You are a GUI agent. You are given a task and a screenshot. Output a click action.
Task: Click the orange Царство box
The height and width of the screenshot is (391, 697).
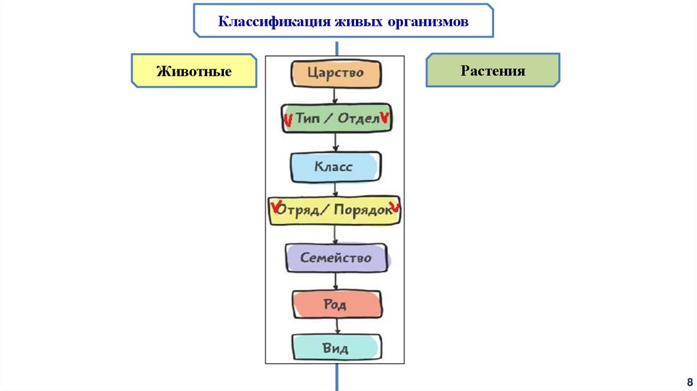coord(336,74)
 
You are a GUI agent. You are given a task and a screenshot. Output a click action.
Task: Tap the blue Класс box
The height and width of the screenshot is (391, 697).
coord(335,166)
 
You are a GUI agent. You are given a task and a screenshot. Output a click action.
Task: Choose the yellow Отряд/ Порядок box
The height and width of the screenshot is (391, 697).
coord(335,211)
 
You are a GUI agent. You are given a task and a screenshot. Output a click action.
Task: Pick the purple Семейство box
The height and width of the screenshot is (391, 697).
coord(336,258)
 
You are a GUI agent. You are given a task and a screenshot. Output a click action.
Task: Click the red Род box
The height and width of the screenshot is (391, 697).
coord(336,304)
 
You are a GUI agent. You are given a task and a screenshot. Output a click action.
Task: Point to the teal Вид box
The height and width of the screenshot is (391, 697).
coord(336,347)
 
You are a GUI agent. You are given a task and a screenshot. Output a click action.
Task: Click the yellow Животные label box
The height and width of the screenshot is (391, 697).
coord(194,71)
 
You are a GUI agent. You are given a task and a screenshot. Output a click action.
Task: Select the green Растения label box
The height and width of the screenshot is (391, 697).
coord(493,70)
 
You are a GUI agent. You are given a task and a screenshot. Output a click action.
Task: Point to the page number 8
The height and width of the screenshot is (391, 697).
coord(689,381)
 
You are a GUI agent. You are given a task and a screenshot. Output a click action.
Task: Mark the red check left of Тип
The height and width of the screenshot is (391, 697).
coord(287,121)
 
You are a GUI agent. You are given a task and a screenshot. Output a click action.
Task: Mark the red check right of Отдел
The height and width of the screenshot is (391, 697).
coord(385,118)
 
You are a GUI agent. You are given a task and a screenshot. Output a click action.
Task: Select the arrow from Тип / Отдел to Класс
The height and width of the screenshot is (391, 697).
coord(335,142)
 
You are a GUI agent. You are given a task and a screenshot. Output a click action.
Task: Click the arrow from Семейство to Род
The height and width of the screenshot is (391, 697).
coord(335,281)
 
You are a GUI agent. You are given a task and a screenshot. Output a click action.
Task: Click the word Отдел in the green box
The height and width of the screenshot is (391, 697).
coord(359,119)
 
